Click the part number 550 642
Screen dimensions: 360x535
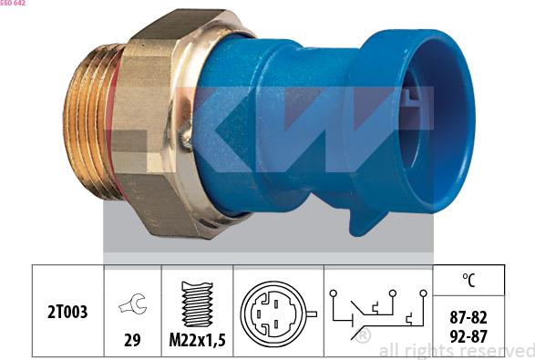click(13, 4)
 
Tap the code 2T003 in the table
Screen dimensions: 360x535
click(67, 312)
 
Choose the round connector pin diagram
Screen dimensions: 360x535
click(273, 313)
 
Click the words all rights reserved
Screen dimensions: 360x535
click(455, 350)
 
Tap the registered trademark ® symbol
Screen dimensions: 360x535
click(363, 336)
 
